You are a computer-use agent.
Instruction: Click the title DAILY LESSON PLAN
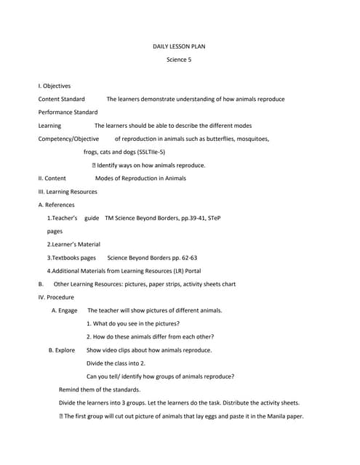tap(179, 46)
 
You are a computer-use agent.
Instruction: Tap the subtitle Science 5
tap(179, 60)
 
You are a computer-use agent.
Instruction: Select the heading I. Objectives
tap(55, 86)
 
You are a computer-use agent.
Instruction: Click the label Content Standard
tap(61, 99)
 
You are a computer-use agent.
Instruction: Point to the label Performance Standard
tap(68, 112)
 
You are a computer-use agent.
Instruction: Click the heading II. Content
tap(52, 178)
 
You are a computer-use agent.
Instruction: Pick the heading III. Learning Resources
tap(68, 192)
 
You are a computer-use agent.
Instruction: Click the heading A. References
tap(56, 205)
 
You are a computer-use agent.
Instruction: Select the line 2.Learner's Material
tap(73, 244)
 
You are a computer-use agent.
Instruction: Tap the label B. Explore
tap(62, 349)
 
